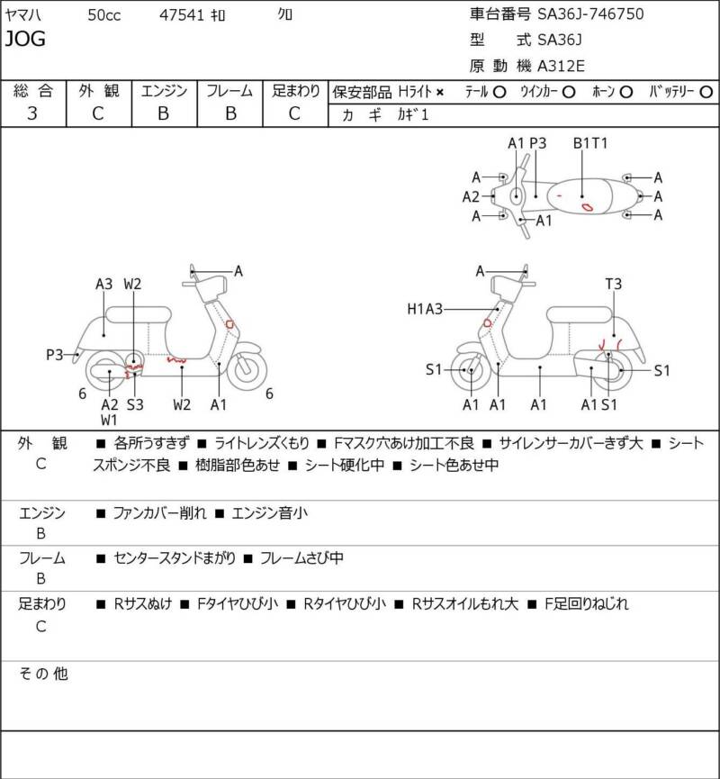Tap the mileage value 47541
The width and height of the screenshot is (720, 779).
click(179, 14)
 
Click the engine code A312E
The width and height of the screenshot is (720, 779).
click(561, 65)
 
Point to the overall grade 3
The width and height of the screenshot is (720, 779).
click(32, 113)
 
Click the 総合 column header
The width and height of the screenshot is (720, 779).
click(32, 91)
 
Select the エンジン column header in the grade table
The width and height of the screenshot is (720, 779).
click(164, 91)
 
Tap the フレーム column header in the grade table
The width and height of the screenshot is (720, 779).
click(229, 91)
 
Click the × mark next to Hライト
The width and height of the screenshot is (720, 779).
click(440, 92)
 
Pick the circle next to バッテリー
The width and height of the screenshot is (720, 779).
click(706, 92)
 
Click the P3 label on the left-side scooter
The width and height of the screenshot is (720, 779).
click(55, 355)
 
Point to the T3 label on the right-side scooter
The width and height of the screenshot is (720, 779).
click(613, 284)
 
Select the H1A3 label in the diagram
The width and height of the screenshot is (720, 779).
click(426, 309)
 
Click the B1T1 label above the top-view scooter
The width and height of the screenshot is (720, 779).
click(591, 143)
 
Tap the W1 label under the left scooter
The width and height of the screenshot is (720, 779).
click(109, 420)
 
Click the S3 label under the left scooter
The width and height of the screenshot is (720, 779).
click(134, 404)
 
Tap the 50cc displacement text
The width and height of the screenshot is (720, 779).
click(106, 14)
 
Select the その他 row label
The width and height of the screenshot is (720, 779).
click(44, 674)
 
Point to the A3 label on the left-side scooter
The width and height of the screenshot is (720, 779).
click(104, 284)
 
